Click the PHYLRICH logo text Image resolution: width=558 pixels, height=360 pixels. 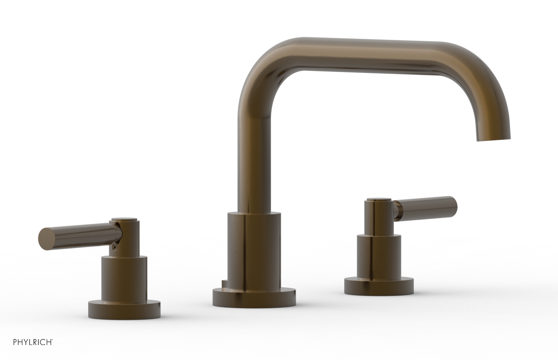[33, 351]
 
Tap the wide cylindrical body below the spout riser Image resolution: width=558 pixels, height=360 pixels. [254, 251]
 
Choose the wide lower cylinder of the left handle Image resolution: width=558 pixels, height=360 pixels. [124, 277]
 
